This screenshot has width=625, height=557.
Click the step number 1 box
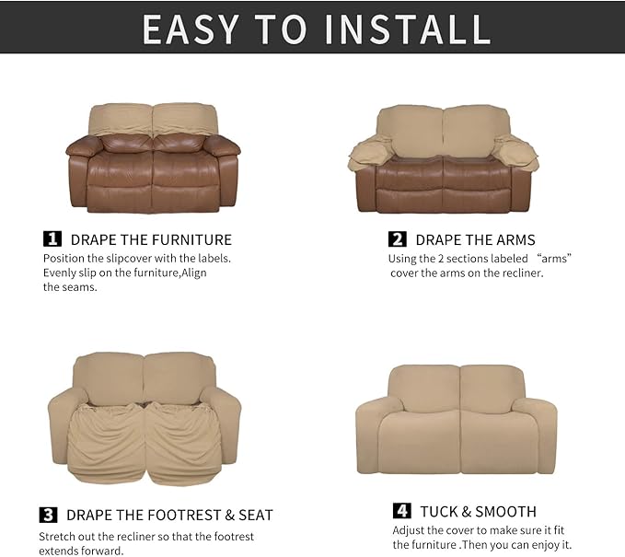[x=53, y=239]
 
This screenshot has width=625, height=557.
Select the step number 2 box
[x=398, y=239]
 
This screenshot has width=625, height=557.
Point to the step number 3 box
[x=49, y=515]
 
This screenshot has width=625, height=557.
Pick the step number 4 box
[x=402, y=511]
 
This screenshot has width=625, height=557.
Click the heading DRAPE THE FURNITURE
[x=151, y=240]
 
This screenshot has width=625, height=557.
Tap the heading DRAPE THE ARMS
[x=475, y=240]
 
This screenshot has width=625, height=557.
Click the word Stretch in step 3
[x=57, y=536]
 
